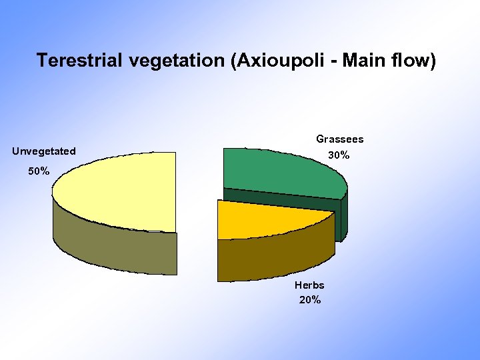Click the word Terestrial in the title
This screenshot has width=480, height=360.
click(x=79, y=61)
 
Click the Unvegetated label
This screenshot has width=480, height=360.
click(x=44, y=151)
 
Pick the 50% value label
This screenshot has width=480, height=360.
click(x=38, y=171)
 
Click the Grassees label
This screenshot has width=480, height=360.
click(x=339, y=139)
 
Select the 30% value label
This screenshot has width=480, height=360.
click(x=339, y=155)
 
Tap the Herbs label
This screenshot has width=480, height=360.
click(x=309, y=285)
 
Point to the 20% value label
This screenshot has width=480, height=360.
click(x=310, y=300)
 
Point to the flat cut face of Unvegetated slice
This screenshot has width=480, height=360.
click(x=176, y=253)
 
